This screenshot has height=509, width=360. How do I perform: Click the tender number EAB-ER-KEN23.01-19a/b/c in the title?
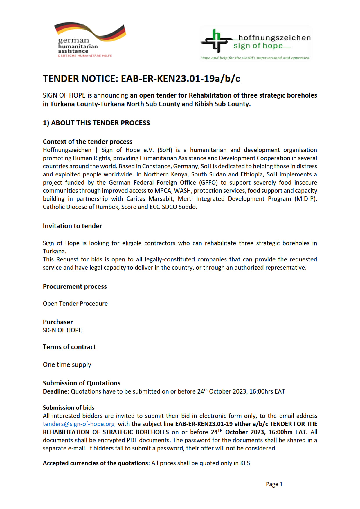(180, 79)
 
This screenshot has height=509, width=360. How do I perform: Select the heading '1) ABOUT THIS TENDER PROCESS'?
(96, 123)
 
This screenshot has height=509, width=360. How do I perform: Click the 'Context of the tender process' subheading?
(87, 142)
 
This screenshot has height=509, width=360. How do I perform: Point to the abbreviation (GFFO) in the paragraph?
(208, 183)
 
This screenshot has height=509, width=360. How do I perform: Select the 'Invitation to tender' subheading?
(72, 226)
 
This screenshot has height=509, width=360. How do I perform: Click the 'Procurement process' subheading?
(75, 286)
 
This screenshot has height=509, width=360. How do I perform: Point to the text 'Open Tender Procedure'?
(75, 304)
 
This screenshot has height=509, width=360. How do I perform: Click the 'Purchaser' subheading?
(58, 322)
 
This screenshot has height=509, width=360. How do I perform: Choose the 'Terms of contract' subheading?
(69, 347)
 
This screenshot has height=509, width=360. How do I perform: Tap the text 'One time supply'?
(67, 364)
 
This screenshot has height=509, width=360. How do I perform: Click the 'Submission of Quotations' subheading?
(82, 383)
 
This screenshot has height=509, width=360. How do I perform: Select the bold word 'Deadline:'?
(56, 391)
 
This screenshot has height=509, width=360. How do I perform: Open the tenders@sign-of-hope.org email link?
(79, 424)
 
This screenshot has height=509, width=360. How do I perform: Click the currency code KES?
(245, 463)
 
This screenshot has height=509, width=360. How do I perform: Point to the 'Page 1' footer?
(274, 484)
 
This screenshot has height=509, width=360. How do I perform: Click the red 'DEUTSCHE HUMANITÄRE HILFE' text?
(85, 55)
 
